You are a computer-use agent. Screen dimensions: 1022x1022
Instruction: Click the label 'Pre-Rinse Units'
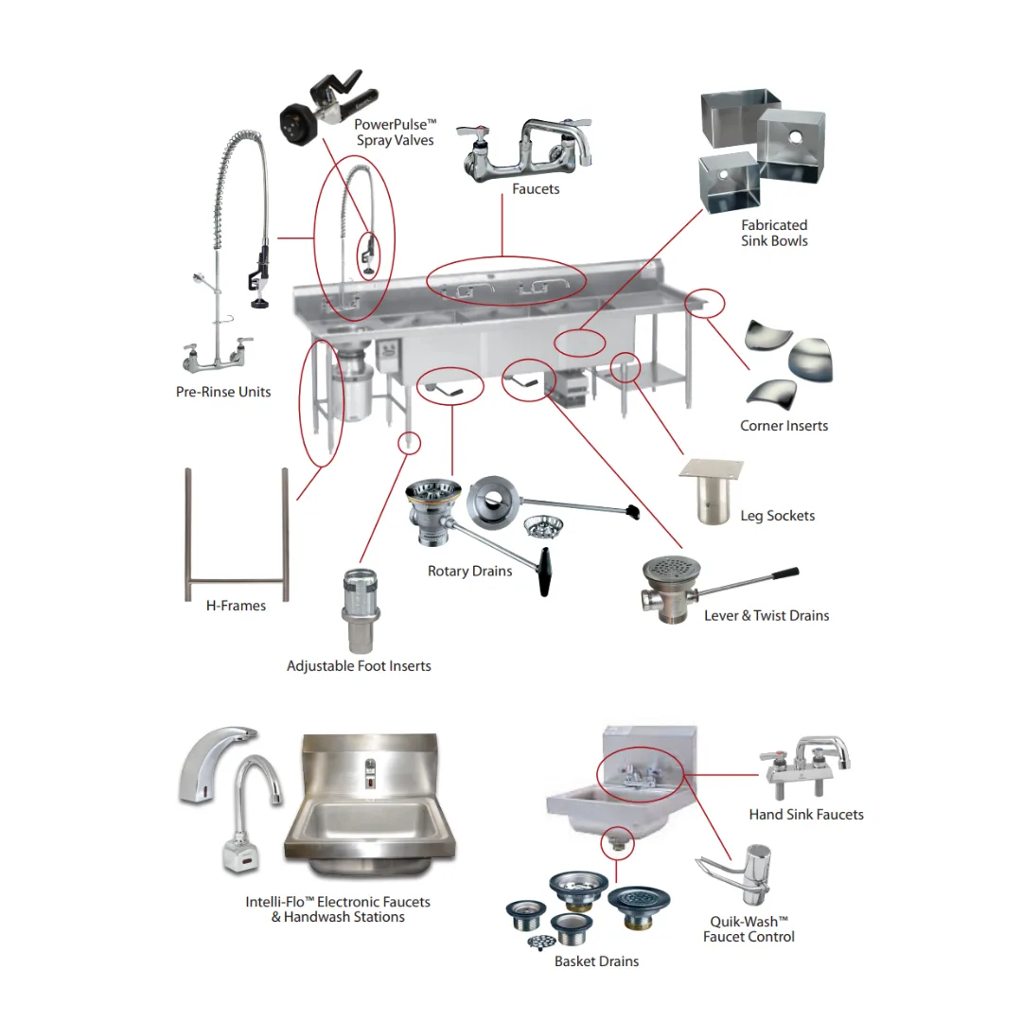223,392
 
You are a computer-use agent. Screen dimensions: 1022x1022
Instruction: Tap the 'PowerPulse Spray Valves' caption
395,132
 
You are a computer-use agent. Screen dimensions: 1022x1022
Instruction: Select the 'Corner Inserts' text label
784,426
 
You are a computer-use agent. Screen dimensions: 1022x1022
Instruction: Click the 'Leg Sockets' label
777,516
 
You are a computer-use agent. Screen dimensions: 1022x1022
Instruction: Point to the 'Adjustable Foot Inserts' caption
359,666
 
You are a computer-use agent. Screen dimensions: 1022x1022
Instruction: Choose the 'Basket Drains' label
596,961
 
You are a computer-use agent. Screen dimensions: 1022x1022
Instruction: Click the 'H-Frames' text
236,606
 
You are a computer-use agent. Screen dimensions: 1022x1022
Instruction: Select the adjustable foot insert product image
360,610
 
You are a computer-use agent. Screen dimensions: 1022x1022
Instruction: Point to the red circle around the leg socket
625,366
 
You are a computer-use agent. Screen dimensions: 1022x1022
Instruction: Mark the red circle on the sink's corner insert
705,303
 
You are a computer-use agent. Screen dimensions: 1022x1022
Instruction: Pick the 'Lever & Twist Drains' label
766,616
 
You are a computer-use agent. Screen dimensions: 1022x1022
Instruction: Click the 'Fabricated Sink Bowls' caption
774,233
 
